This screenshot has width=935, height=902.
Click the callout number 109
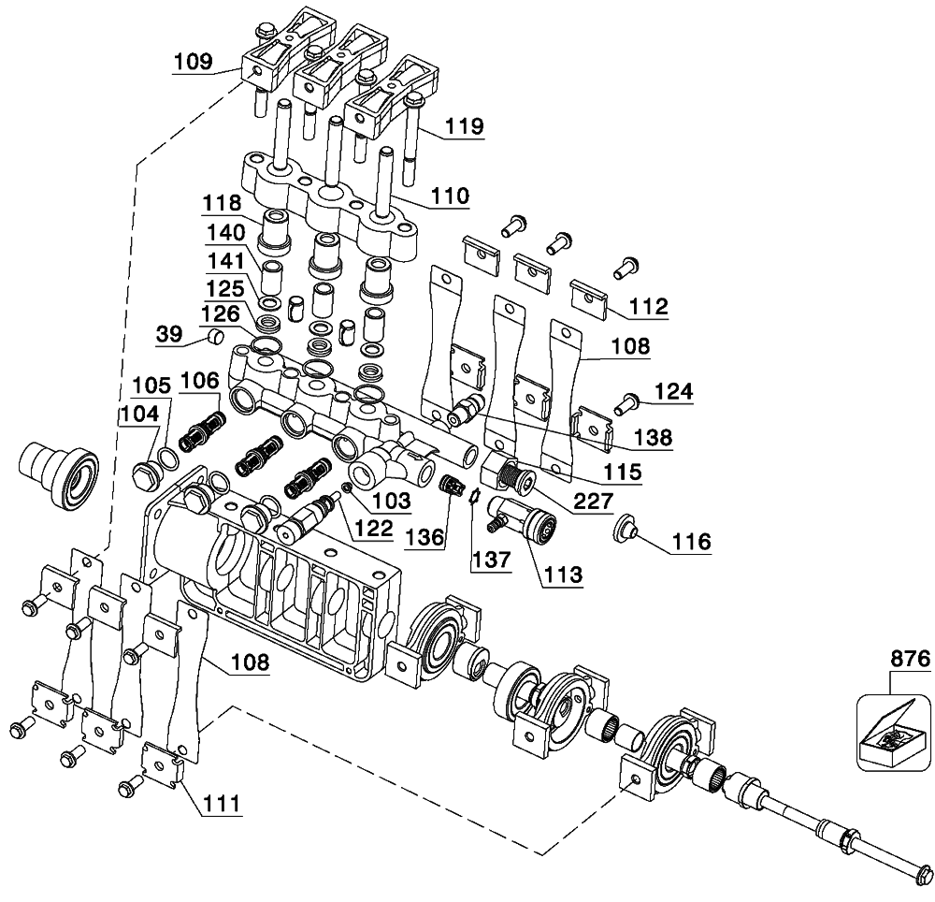pyautogui.click(x=194, y=62)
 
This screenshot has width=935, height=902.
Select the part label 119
pyautogui.click(x=464, y=126)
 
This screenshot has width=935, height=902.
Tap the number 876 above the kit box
pyautogui.click(x=911, y=659)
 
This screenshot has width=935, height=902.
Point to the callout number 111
pyautogui.click(x=221, y=803)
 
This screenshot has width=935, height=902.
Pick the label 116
pyautogui.click(x=692, y=542)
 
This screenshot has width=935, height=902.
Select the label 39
pyautogui.click(x=169, y=333)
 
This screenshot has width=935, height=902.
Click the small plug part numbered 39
pyautogui.click(x=215, y=337)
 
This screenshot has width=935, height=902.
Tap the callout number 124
pyautogui.click(x=674, y=392)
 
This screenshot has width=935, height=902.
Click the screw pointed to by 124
pyautogui.click(x=623, y=404)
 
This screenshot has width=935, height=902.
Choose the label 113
pyautogui.click(x=563, y=575)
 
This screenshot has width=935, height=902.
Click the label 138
pyautogui.click(x=654, y=437)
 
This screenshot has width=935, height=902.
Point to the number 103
pyautogui.click(x=391, y=500)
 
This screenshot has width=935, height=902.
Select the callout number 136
pyautogui.click(x=425, y=537)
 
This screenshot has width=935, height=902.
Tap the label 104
pyautogui.click(x=140, y=413)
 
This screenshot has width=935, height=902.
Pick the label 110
pyautogui.click(x=450, y=196)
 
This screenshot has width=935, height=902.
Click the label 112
pyautogui.click(x=649, y=307)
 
